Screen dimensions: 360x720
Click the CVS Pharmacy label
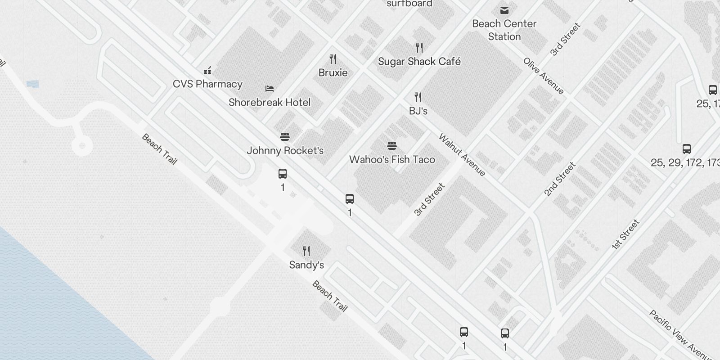[x=207, y=84]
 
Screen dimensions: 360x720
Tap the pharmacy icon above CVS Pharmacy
[x=207, y=71]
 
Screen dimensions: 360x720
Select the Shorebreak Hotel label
[x=270, y=103]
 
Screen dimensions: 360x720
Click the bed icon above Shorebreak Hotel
[x=270, y=89]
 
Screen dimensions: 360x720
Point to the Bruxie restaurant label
[x=333, y=73]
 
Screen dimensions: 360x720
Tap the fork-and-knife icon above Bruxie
[x=333, y=59]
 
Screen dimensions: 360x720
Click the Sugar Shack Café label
[x=419, y=62]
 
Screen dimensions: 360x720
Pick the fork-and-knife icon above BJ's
[x=418, y=97]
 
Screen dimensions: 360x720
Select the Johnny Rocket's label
[x=285, y=151]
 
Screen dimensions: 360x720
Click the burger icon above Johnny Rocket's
[x=284, y=137]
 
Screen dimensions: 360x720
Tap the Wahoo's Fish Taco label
[x=392, y=160]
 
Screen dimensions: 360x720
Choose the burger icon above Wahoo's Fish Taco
[x=392, y=146]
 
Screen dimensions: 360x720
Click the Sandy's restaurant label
[x=306, y=265]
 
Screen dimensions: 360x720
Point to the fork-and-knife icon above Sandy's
[x=306, y=251]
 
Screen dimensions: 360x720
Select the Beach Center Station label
[x=504, y=30]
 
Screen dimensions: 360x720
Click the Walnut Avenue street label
[x=462, y=155]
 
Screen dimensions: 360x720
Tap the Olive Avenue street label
[x=544, y=76]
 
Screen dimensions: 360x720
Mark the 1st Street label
[x=625, y=234]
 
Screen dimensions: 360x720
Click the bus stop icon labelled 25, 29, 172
[x=687, y=149]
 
